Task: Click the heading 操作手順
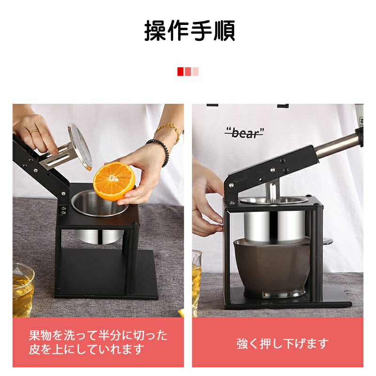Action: tap(189, 31)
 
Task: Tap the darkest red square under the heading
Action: tap(180, 71)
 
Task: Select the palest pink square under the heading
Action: tap(196, 71)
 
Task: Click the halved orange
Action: tap(113, 181)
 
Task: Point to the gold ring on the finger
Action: tap(34, 131)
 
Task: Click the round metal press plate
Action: tap(79, 146)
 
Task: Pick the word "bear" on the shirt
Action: tap(244, 133)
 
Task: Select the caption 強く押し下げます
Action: tap(282, 344)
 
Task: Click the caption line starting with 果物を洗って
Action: tap(98, 335)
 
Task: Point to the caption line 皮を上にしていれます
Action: tap(86, 349)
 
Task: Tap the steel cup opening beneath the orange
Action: tap(99, 204)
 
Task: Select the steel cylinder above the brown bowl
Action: tap(274, 227)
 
